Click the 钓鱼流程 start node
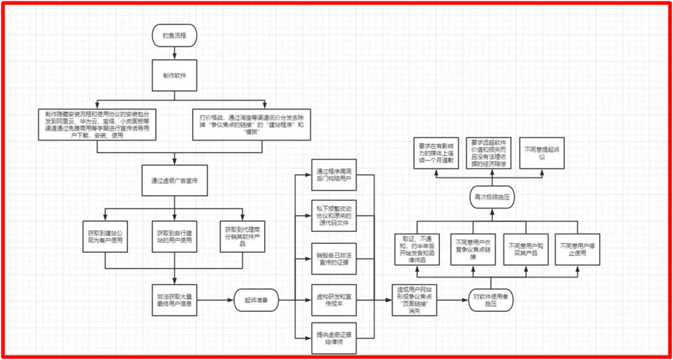point(175,35)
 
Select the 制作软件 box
point(175,76)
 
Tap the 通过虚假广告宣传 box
point(175,180)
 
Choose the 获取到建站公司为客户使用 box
point(105,237)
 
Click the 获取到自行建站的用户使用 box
point(175,237)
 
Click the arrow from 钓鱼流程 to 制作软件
point(175,52)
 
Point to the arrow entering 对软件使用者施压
point(455,299)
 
